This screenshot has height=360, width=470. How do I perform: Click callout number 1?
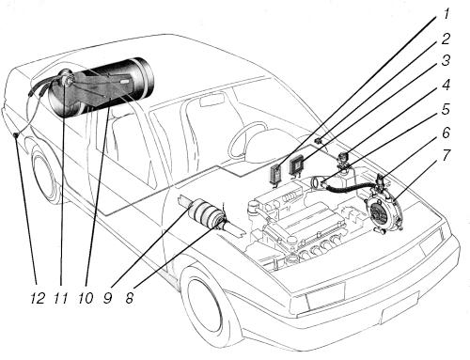[x=446, y=14]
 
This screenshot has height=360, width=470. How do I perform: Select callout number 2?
[x=446, y=39]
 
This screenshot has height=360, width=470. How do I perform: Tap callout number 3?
[x=446, y=61]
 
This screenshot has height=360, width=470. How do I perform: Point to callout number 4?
[x=446, y=85]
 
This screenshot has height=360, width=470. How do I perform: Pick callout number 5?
[x=446, y=109]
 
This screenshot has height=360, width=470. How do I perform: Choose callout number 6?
[x=446, y=133]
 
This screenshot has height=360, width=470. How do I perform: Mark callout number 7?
[x=446, y=156]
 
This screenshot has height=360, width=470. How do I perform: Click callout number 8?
[x=130, y=298]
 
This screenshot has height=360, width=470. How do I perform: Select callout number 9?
[x=107, y=298]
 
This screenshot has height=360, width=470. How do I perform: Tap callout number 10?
[x=86, y=298]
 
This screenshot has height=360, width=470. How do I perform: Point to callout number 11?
[x=61, y=298]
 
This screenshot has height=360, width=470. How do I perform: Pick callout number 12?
[x=38, y=298]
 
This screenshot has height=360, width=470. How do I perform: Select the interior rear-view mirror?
[x=211, y=101]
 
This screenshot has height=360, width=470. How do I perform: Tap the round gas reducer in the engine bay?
[x=382, y=211]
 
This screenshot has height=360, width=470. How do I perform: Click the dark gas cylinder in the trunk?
[x=102, y=86]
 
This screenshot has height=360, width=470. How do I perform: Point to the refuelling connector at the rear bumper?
[x=16, y=135]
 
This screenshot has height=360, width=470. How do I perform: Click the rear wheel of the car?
[x=45, y=177]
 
